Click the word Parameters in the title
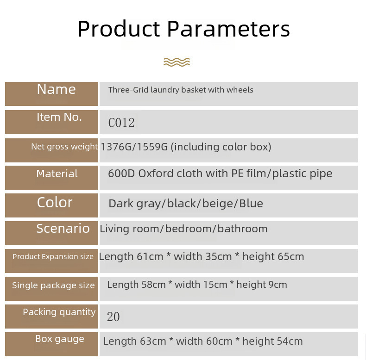pos(228,29)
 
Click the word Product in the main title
pos(119,28)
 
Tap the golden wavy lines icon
pos(177,62)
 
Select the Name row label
pos(57,89)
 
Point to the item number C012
pos(121,123)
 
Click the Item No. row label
pos(59,117)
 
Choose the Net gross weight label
pos(64,147)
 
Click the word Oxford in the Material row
pos(156,174)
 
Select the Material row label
pos(57,174)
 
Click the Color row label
pos(55,202)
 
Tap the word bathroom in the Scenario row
pos(242,229)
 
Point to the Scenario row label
pos(63,228)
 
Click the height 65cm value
pos(273,257)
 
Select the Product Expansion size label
pos(53,256)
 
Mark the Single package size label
pos(53,286)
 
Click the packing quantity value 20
pos(114,317)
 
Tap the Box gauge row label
pos(60,339)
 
